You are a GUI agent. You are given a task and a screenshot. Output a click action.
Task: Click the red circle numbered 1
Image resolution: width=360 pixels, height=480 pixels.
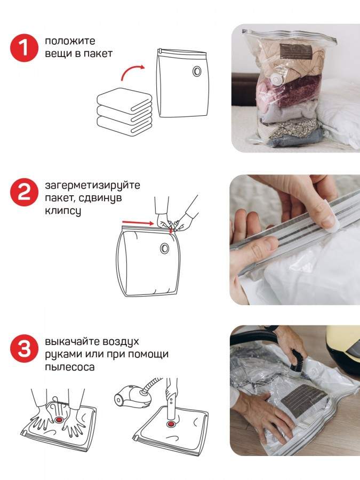click(x=24, y=48)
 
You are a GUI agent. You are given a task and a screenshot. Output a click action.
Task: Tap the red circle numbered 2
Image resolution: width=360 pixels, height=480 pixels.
click(x=24, y=192)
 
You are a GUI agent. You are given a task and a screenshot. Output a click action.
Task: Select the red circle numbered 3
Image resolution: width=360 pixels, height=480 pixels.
click(x=24, y=348)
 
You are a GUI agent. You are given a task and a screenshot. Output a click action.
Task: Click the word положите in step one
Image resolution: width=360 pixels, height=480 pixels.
click(x=70, y=41)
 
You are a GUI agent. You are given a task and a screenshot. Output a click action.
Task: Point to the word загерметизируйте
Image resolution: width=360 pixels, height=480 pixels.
click(x=92, y=186)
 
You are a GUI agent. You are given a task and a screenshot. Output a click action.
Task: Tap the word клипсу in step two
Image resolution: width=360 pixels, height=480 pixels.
click(x=63, y=211)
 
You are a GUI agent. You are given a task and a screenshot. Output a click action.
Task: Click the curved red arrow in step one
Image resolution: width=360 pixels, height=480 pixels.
click(x=132, y=72)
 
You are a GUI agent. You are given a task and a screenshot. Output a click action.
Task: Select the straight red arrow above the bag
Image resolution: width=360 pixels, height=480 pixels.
click(x=138, y=223)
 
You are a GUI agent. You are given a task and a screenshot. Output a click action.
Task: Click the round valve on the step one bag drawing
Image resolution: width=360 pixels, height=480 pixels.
click(x=196, y=71)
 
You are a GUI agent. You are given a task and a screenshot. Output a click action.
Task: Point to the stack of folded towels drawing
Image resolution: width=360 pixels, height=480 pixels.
click(x=125, y=111)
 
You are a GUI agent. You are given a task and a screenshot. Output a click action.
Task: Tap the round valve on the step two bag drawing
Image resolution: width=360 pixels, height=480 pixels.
click(x=164, y=247)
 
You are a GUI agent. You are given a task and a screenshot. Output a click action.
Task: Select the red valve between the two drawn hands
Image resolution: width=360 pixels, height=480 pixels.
click(x=59, y=419)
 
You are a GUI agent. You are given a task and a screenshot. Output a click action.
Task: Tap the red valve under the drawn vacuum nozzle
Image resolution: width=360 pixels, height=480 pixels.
click(x=171, y=424)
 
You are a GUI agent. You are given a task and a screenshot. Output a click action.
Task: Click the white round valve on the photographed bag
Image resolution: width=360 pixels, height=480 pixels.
click(x=277, y=81)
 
